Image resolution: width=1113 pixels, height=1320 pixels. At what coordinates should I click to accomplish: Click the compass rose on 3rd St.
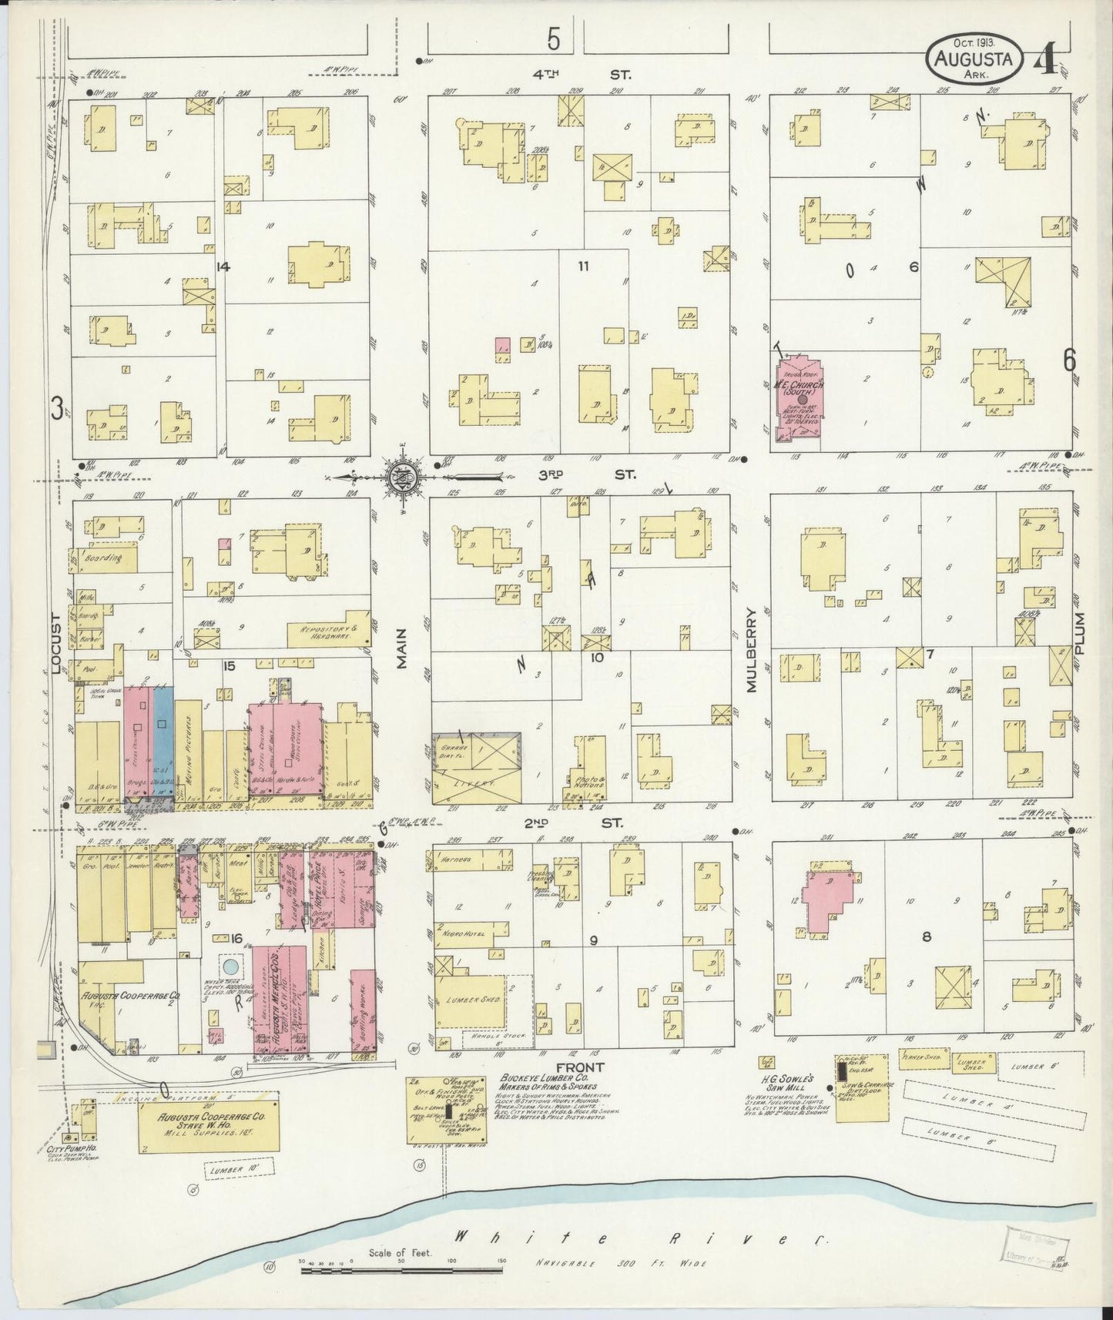[402, 476]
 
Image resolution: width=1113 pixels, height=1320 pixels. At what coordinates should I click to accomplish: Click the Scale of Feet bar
[401, 1267]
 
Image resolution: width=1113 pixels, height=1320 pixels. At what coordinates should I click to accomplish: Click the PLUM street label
[1081, 634]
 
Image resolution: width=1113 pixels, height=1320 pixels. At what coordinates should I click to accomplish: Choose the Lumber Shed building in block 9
[470, 1000]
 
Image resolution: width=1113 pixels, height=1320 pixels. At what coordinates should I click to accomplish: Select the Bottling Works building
[362, 1010]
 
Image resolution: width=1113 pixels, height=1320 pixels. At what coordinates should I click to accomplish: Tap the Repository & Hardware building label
[320, 632]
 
